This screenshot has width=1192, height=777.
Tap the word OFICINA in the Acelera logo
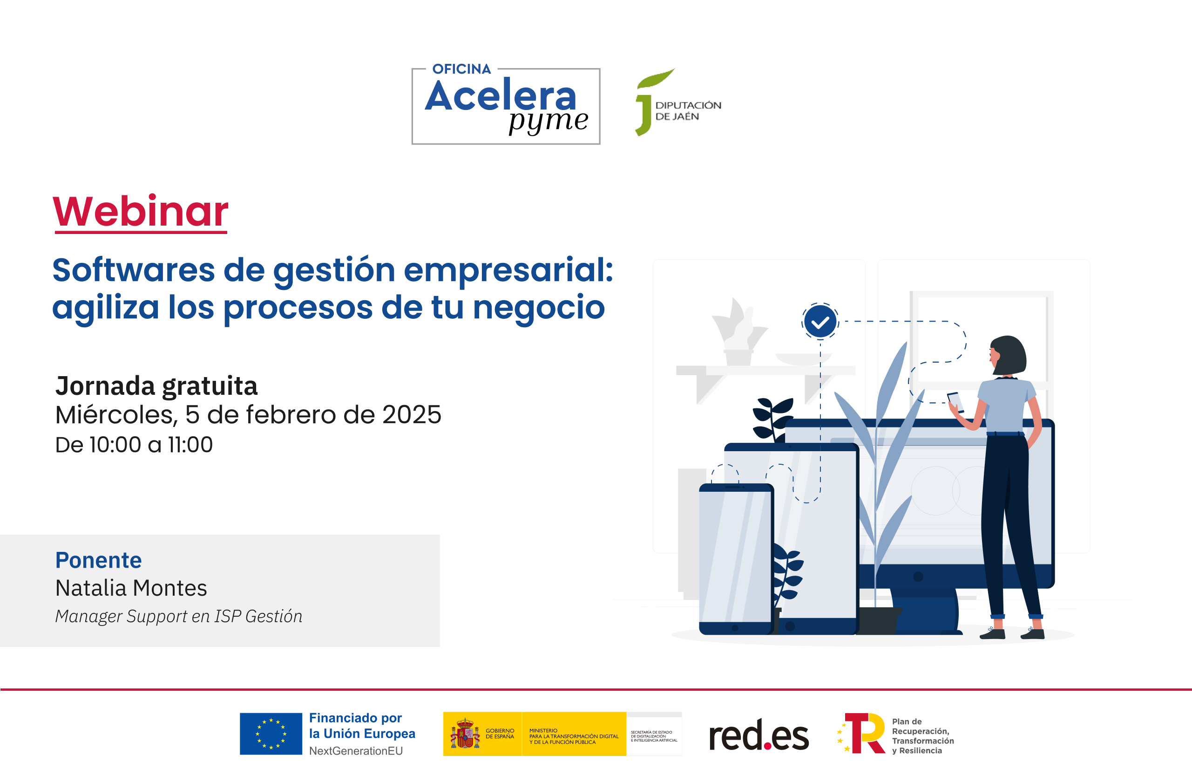click(461, 69)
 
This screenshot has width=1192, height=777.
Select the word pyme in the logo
click(549, 121)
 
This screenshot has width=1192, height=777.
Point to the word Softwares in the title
click(133, 270)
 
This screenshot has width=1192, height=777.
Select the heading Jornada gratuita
click(156, 386)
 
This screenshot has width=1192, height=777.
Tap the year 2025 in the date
click(412, 415)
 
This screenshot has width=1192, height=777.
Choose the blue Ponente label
click(99, 560)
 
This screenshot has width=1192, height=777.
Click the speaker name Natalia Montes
click(131, 588)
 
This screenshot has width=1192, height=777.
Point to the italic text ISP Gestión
click(258, 616)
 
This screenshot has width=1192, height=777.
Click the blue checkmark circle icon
click(820, 322)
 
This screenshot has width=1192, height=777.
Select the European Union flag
click(271, 733)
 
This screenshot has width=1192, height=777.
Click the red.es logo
click(759, 736)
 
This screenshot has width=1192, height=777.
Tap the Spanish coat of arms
click(464, 733)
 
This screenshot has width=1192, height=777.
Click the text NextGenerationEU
click(356, 750)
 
